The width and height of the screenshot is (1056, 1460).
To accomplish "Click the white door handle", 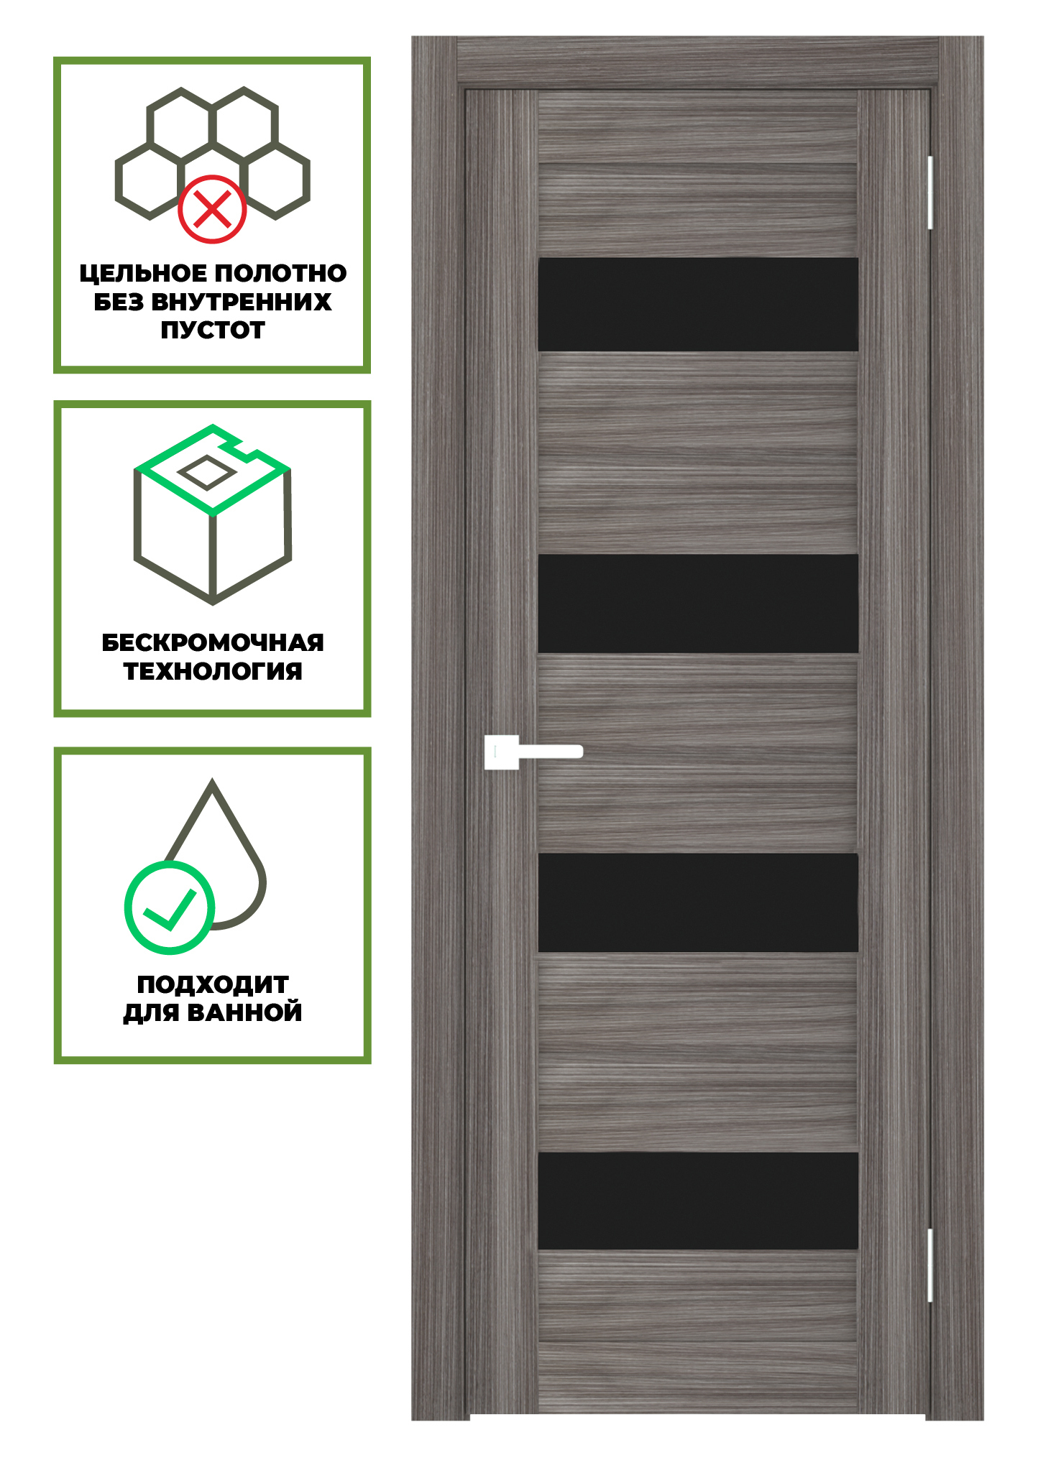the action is coord(533,752).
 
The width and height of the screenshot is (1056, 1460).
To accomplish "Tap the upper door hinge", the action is coord(930,193).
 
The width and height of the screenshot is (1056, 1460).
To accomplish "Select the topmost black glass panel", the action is coord(698,304).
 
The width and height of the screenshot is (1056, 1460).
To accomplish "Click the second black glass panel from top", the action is coord(698,604).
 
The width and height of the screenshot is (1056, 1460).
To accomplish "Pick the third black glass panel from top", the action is coord(698,902).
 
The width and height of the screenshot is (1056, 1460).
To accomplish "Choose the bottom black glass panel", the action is coord(698,1201).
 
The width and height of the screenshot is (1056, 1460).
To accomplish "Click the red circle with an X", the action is coord(212,209).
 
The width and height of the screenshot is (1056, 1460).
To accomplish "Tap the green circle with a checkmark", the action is coord(170,907).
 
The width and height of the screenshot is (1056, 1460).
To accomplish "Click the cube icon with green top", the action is coord(213,514).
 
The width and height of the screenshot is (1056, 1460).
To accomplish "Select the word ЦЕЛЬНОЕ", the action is coord(143,274).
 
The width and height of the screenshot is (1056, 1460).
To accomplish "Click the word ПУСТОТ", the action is coord(213,331).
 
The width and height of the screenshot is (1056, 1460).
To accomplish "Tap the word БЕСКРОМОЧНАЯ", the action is coord(213,642).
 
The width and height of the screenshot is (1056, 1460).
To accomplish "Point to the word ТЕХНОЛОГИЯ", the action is coord(213,671).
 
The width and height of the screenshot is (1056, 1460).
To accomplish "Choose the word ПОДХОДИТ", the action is coord(213,984).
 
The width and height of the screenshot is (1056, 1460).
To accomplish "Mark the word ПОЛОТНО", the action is coord(280,274).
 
